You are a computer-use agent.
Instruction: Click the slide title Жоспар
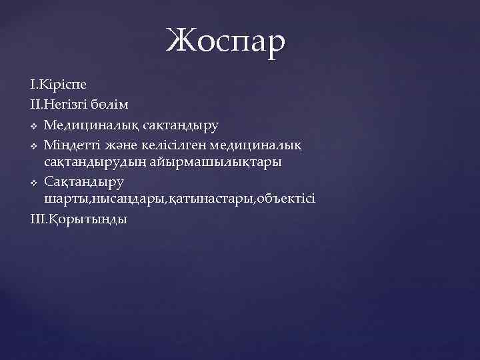226,41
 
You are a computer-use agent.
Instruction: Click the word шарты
66,199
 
